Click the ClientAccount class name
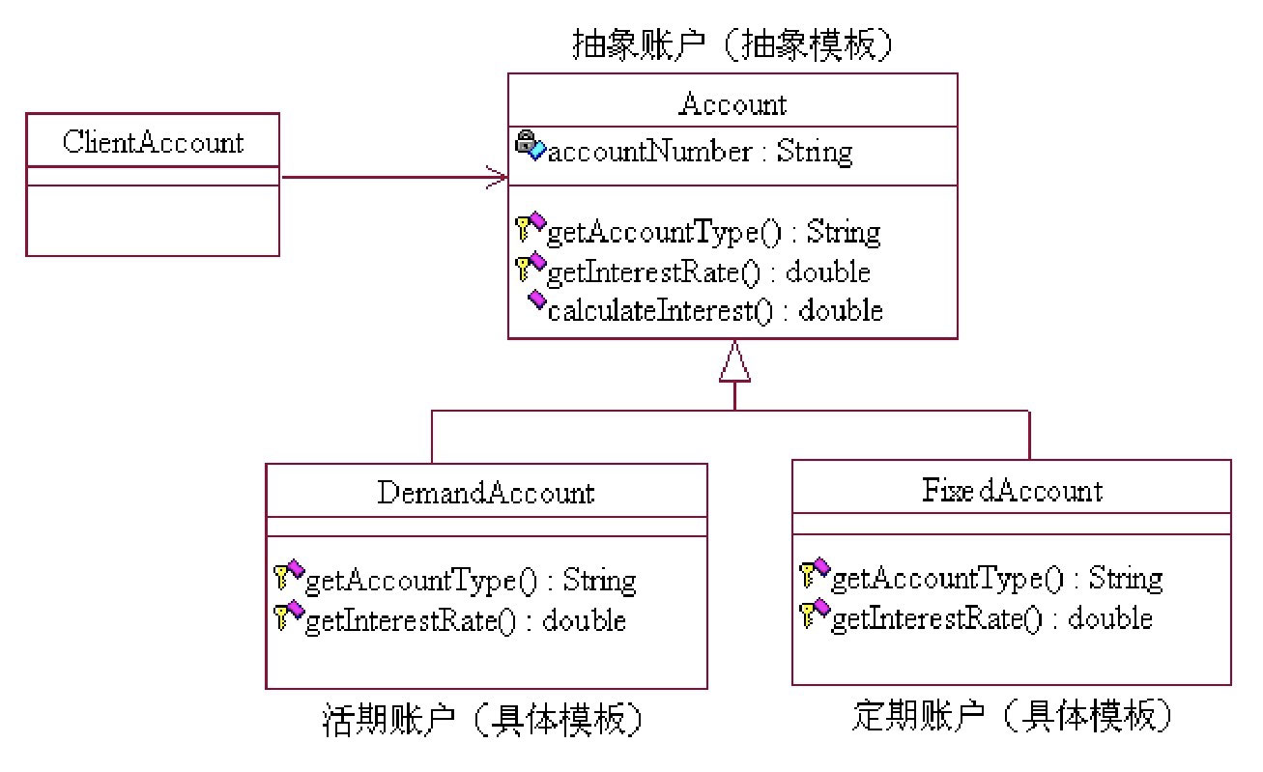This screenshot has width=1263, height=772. tap(153, 143)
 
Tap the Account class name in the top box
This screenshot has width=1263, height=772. tap(732, 103)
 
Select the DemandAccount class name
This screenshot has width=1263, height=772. tap(485, 493)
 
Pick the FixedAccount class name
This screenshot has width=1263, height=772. tap(1011, 490)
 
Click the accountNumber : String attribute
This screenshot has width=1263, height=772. tap(700, 152)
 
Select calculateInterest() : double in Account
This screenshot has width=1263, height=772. tap(715, 310)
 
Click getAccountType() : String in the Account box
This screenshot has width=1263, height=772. tap(713, 232)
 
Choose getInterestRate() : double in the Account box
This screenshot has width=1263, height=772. tap(708, 272)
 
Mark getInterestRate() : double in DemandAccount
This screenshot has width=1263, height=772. tap(465, 619)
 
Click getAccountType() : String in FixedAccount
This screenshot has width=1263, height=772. tap(996, 578)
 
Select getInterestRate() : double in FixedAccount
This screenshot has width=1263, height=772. tap(991, 617)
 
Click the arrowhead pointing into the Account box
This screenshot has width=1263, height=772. tap(497, 177)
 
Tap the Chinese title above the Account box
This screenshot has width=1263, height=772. tap(731, 45)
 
